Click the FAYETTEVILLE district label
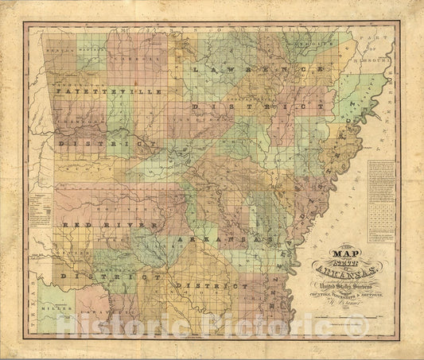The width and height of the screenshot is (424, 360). pyautogui.click(x=108, y=93)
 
